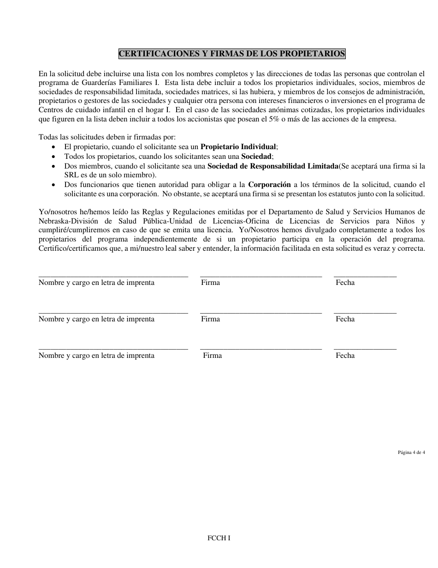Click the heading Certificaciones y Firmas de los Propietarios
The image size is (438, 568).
pyautogui.click(x=232, y=54)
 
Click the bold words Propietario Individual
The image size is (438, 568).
pyautogui.click(x=238, y=146)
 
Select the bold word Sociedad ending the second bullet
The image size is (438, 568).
pyautogui.click(x=256, y=156)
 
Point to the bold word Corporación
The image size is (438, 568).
pyautogui.click(x=269, y=185)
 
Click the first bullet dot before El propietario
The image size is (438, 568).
pyautogui.click(x=55, y=147)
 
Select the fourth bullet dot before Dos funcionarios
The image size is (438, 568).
pyautogui.click(x=55, y=185)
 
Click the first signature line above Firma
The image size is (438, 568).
pyautogui.click(x=261, y=276)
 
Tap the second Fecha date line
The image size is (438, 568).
pyautogui.click(x=365, y=312)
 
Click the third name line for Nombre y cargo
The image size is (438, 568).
pyautogui.click(x=113, y=349)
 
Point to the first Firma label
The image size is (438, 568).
pyautogui.click(x=210, y=283)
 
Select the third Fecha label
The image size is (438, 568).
pyautogui.click(x=345, y=356)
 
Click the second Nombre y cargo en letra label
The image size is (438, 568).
pyautogui.click(x=96, y=319)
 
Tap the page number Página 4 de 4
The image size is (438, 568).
pyautogui.click(x=411, y=453)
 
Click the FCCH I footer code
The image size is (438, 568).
pyautogui.click(x=219, y=538)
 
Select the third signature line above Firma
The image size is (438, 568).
pyautogui.click(x=261, y=349)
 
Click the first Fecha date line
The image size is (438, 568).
pyautogui.click(x=365, y=276)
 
